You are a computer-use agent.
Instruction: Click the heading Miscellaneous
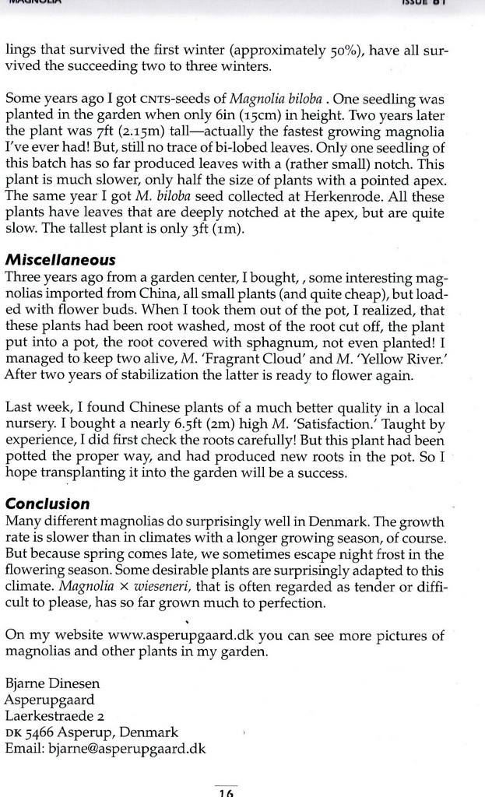(x=60, y=259)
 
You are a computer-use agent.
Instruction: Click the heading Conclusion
(x=47, y=504)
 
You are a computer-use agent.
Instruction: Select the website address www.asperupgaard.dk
(x=174, y=634)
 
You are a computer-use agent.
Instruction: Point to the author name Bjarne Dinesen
(x=52, y=683)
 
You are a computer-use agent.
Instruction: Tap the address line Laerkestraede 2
(x=54, y=716)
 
